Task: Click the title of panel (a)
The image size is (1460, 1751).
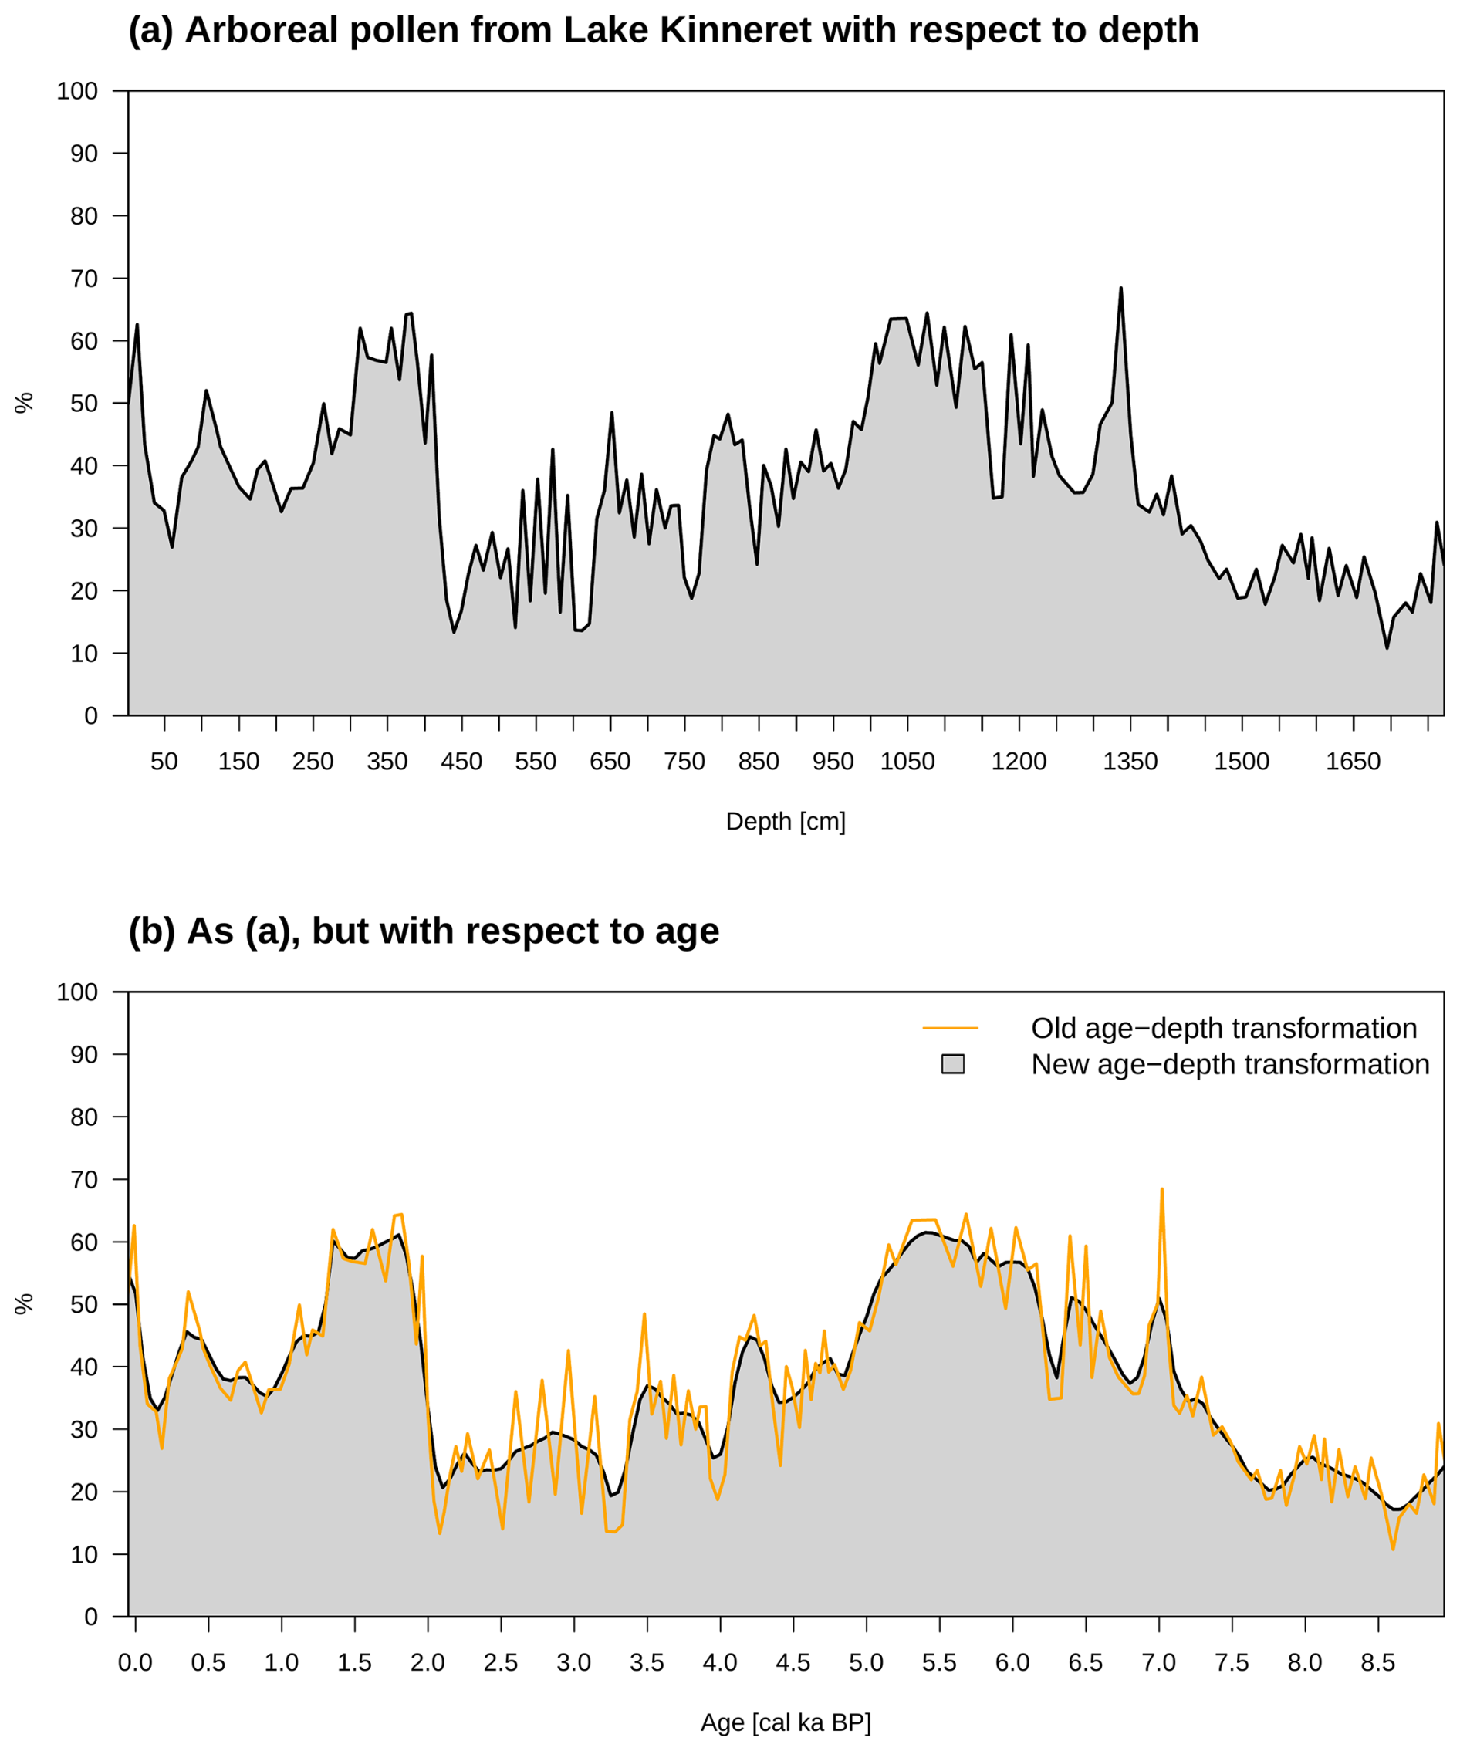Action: point(663,31)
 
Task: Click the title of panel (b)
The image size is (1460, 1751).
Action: point(424,931)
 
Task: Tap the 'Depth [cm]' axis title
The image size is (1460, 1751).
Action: point(786,821)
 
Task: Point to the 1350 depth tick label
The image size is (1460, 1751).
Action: point(1130,761)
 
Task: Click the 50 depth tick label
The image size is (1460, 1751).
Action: point(164,761)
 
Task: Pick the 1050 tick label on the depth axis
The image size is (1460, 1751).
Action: point(907,761)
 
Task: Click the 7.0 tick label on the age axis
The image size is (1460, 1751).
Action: point(1159,1662)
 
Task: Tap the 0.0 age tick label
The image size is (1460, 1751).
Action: point(135,1662)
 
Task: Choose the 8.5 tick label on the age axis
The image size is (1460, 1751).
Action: point(1377,1662)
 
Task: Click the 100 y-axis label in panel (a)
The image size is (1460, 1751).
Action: point(77,91)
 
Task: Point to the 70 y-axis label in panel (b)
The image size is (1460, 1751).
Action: point(84,1180)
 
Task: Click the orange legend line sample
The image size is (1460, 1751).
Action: point(951,1028)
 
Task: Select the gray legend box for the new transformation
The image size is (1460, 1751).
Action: point(953,1064)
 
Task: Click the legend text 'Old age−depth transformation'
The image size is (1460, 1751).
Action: point(1224,1028)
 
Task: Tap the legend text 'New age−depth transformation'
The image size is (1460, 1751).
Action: point(1230,1065)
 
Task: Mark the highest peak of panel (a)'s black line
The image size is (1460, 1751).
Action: point(1120,289)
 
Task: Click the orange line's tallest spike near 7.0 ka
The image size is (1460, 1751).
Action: point(1161,1190)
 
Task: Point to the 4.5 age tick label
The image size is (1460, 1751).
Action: point(793,1662)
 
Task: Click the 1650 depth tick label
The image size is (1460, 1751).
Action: point(1354,761)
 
